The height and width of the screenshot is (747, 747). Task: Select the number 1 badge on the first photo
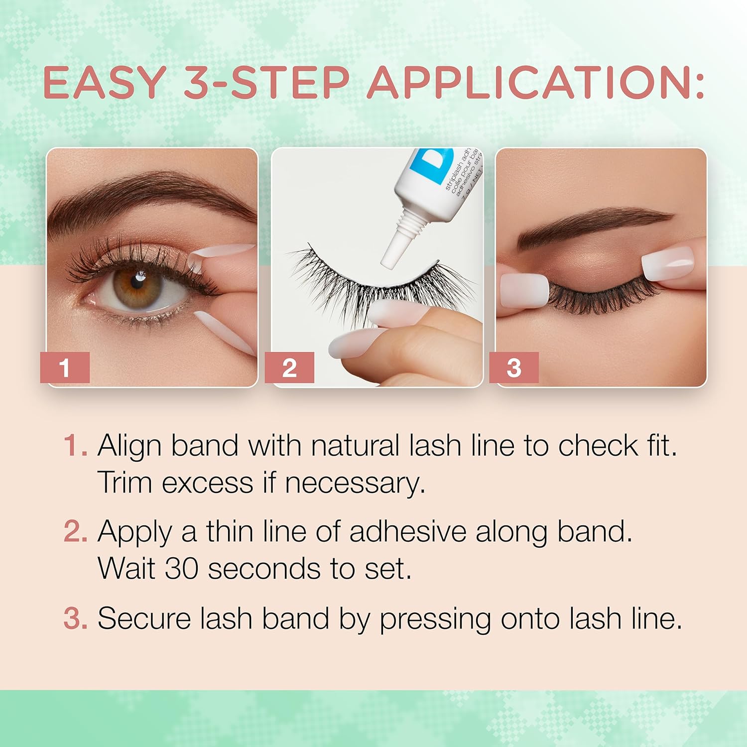coord(65,368)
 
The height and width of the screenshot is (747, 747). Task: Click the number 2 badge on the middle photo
coord(289,368)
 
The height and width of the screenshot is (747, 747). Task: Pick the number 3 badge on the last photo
coord(514,368)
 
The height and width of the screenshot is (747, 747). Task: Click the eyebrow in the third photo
coord(593,224)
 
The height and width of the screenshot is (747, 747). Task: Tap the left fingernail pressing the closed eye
coord(523,289)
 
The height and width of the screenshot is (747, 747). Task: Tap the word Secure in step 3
coord(144,619)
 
